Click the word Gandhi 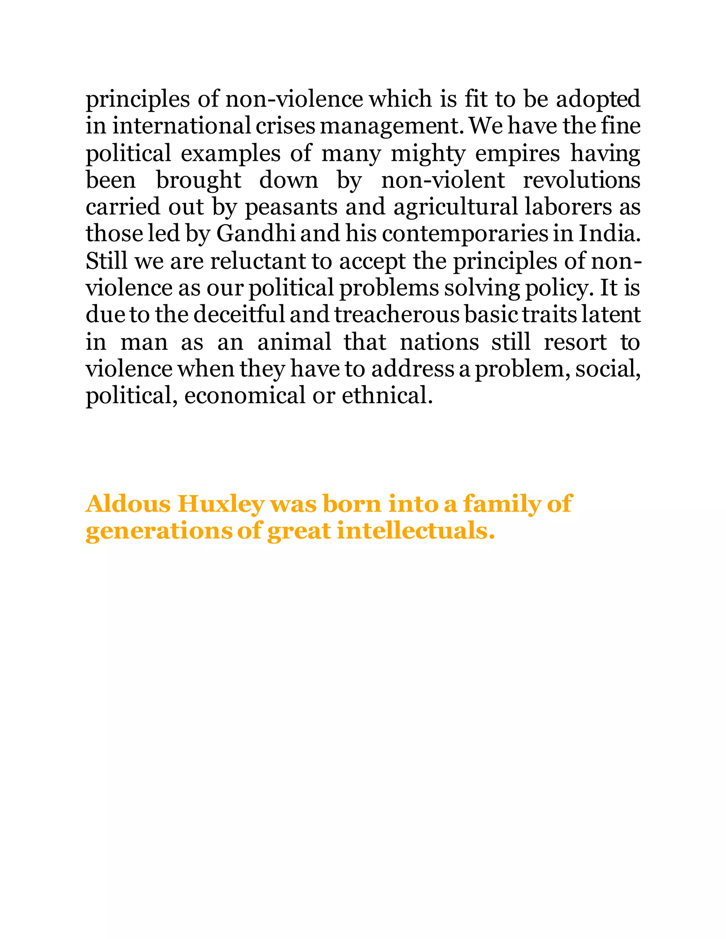(256, 234)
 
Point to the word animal (294, 342)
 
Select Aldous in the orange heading (128, 504)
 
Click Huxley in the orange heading (220, 504)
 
